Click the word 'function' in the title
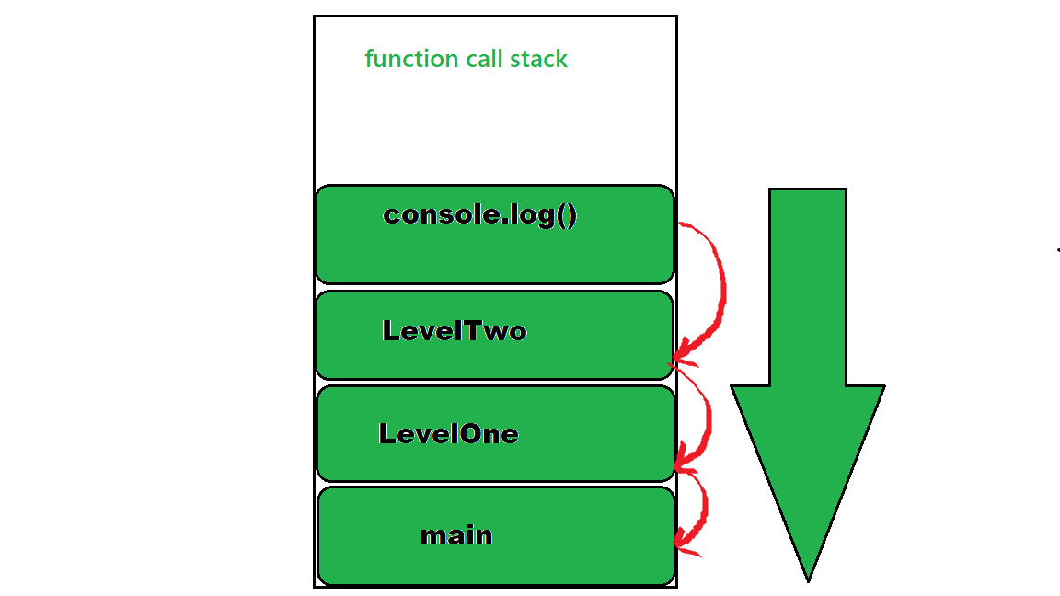coord(399,59)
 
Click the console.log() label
coord(480,215)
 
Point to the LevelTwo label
coord(455,331)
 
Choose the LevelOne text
coord(449,434)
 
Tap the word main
coord(456,535)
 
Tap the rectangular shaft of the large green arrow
coord(808,285)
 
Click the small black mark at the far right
coord(1058,249)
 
